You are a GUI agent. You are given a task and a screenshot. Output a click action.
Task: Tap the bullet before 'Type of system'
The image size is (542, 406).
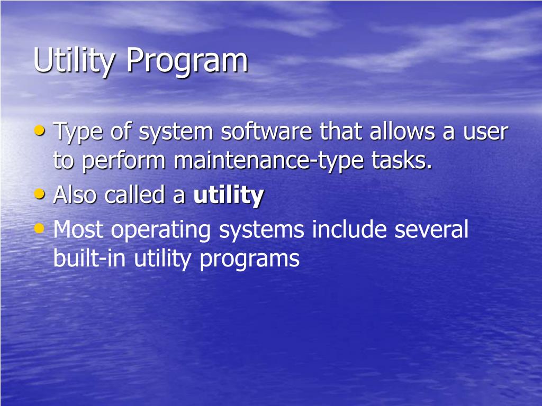pyautogui.click(x=40, y=130)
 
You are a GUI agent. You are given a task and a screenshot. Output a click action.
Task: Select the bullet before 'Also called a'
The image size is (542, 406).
pyautogui.click(x=40, y=194)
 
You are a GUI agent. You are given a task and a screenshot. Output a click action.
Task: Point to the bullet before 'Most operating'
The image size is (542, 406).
pyautogui.click(x=40, y=228)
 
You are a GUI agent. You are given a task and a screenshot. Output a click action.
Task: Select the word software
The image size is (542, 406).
pyautogui.click(x=266, y=132)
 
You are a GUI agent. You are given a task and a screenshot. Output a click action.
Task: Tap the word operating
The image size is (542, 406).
pyautogui.click(x=165, y=231)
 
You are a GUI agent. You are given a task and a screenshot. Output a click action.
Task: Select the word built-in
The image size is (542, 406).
pyautogui.click(x=90, y=259)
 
